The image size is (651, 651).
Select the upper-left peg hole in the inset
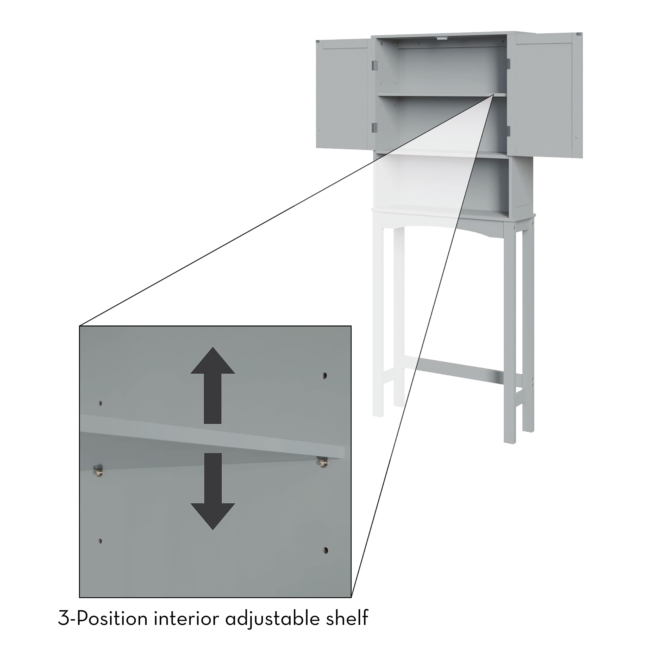(x=100, y=403)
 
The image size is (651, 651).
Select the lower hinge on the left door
(x=373, y=127)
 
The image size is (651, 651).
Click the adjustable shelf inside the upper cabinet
(x=442, y=95)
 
